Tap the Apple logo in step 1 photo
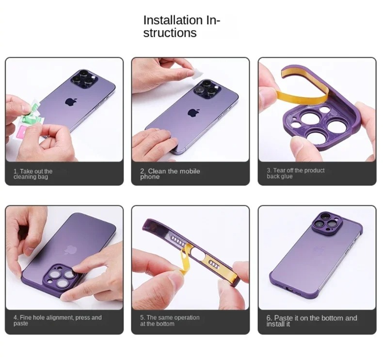[71, 102]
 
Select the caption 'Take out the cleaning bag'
[33, 174]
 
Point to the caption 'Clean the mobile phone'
[170, 174]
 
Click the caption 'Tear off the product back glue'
[296, 173]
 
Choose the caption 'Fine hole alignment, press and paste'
[57, 320]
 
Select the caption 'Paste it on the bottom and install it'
[311, 321]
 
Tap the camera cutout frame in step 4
[62, 278]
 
